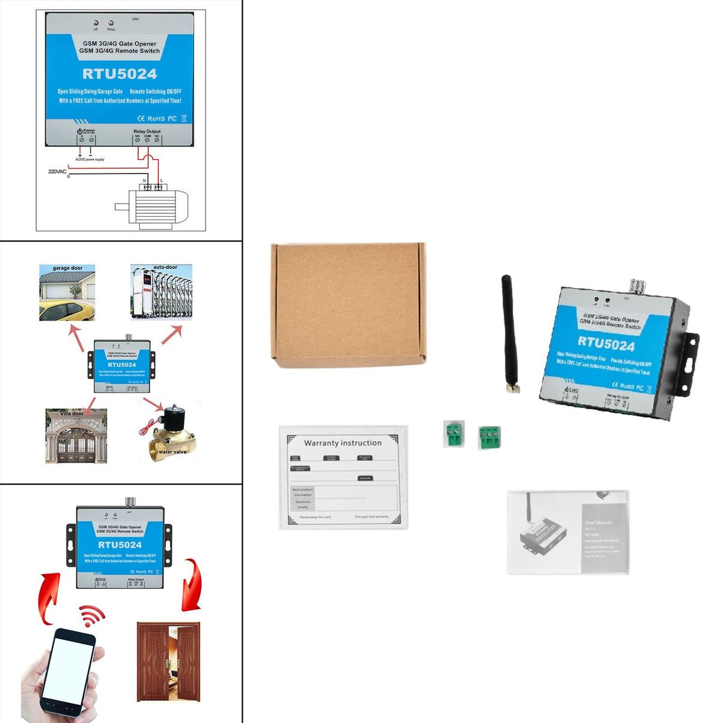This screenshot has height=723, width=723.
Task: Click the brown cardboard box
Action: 348,304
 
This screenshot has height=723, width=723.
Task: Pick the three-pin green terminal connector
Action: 490,437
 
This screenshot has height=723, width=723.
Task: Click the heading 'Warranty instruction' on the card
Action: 342,443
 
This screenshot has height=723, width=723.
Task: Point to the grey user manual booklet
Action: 568,532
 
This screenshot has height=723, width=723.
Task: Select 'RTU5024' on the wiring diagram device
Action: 119,74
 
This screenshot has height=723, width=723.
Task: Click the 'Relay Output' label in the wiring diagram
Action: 146,131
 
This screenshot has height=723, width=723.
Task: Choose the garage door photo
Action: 66,292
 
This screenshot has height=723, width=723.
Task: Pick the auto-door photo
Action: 161,292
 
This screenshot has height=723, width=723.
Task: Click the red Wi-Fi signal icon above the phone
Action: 92,616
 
